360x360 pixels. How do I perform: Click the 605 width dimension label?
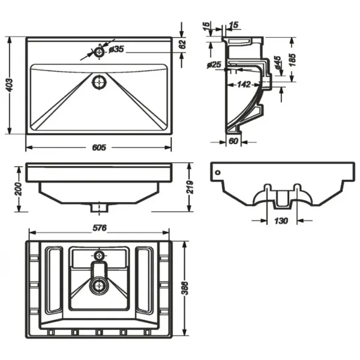point(99,147)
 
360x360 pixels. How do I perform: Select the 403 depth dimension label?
point(10,85)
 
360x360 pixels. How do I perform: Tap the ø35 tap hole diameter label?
point(116,49)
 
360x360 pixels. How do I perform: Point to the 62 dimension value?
point(182,44)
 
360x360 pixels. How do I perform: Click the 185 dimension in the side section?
point(292,60)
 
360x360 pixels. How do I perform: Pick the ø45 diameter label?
point(277,62)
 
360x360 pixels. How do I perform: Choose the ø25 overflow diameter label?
point(214,65)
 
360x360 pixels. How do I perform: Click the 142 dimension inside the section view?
point(244,85)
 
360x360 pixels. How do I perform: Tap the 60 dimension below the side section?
point(233,141)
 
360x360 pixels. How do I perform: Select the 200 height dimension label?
point(18,189)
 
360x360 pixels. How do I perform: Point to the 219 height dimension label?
point(190,187)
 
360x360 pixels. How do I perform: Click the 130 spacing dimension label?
point(281,221)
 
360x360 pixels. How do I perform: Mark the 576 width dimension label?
point(100,228)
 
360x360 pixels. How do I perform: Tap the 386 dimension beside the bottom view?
point(185,288)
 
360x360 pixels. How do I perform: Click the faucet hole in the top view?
point(99,52)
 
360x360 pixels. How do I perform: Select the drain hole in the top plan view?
point(99,82)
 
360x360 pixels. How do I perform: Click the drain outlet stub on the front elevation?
point(99,208)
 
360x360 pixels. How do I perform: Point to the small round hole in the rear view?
point(218,172)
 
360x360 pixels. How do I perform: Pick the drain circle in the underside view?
point(99,286)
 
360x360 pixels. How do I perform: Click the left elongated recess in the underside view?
point(54,280)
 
